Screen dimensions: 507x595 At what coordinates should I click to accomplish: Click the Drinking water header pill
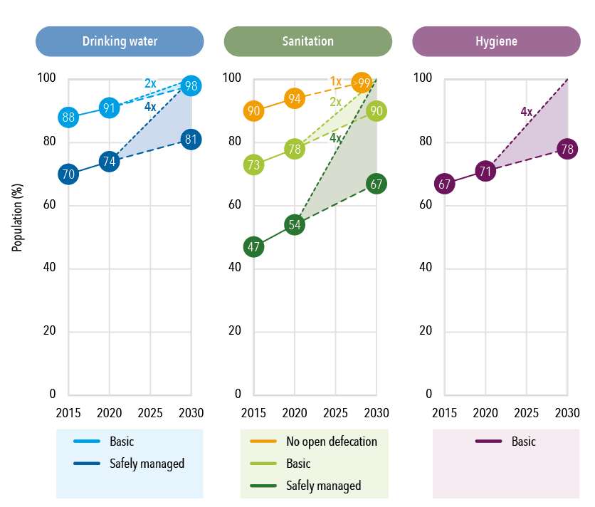point(119,41)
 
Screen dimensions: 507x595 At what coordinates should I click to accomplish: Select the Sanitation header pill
point(307,41)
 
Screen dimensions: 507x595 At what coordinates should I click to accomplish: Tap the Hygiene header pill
point(496,41)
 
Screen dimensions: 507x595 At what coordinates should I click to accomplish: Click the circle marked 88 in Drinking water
point(68,117)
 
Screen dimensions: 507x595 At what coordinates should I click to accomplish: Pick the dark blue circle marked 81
point(191,140)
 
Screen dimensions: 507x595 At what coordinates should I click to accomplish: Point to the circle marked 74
point(109,162)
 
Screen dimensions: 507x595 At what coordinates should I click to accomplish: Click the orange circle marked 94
point(295,98)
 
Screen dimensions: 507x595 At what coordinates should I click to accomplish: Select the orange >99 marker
point(362,84)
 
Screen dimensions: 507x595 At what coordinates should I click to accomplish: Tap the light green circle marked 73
point(253,165)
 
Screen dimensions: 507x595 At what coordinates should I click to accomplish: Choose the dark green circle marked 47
point(253,247)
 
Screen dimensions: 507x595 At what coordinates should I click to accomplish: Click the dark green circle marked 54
point(295,225)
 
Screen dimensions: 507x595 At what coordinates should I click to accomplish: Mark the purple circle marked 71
point(485,172)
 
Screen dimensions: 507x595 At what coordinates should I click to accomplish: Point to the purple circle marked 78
point(567,150)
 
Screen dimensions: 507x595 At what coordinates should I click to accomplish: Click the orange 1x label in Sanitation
point(336,80)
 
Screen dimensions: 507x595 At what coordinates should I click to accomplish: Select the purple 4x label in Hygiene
point(527,112)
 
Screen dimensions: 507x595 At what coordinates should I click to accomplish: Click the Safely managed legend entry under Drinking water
point(130,464)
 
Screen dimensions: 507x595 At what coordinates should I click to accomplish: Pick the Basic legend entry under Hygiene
point(506,441)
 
